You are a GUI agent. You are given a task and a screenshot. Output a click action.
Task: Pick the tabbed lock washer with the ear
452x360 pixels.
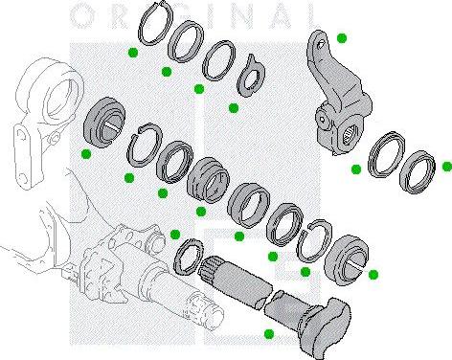(x=250, y=75)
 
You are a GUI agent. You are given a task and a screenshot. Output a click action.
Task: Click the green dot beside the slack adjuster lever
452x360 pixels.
(x=342, y=37)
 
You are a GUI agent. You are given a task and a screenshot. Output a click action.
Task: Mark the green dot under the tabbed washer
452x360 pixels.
(x=233, y=107)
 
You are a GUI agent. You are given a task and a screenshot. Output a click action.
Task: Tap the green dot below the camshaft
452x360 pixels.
(x=269, y=332)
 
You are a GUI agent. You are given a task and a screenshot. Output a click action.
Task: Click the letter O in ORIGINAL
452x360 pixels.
(x=83, y=13)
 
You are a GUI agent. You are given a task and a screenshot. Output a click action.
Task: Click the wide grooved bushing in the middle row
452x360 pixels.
(x=209, y=177)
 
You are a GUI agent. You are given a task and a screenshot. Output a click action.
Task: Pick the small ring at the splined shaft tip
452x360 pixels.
(x=188, y=254)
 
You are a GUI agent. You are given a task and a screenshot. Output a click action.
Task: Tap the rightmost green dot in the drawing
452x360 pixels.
(x=445, y=166)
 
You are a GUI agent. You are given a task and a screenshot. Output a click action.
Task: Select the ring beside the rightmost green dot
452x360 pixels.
(x=417, y=169)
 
